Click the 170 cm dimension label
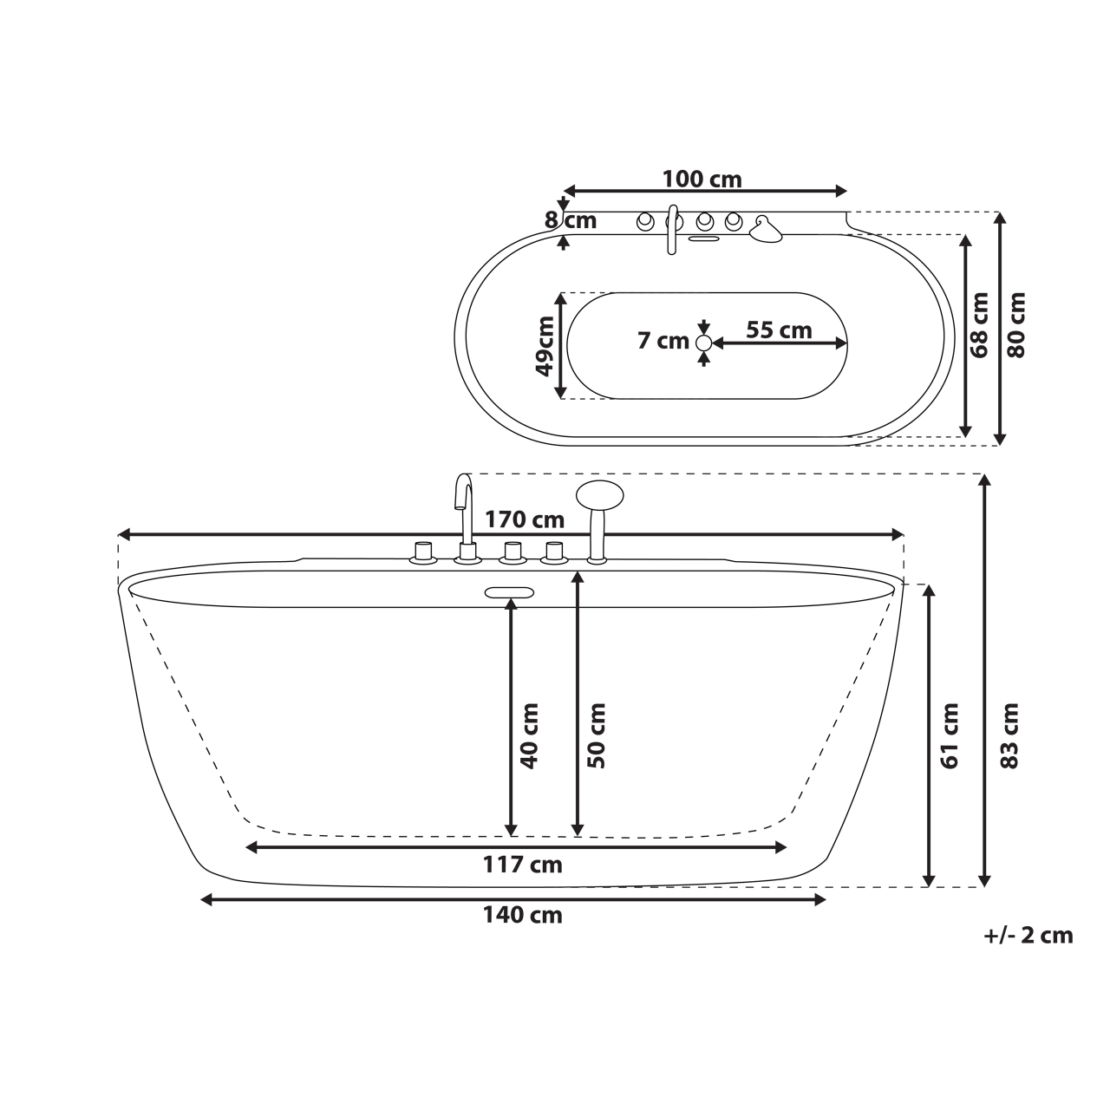[524, 519]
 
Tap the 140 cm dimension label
[522, 915]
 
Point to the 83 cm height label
[1009, 735]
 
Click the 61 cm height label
[950, 735]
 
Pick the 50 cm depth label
[596, 735]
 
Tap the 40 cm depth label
[530, 735]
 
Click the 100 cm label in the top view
[702, 180]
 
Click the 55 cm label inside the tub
[779, 330]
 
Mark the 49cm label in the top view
[544, 345]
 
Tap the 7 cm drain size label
[663, 341]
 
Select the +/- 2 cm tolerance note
[1028, 936]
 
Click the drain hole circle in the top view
[704, 343]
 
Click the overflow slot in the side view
[509, 593]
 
